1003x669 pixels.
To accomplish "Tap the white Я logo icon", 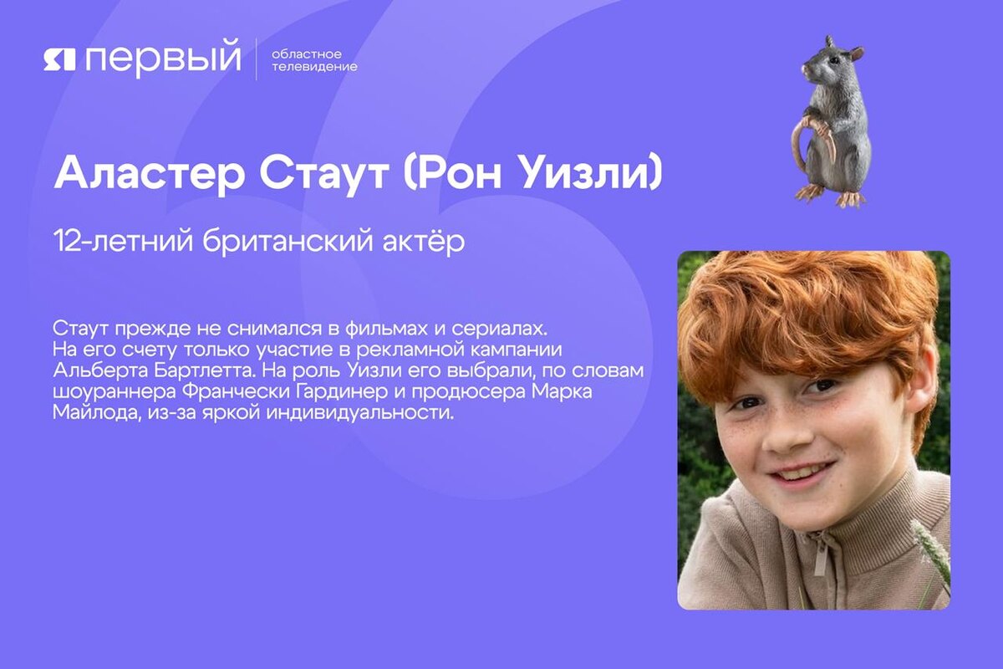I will click(x=60, y=59).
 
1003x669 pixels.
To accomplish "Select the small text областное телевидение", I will click(x=313, y=60).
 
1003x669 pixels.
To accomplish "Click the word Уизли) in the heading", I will click(x=593, y=172).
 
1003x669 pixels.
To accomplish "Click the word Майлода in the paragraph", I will click(x=88, y=415).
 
